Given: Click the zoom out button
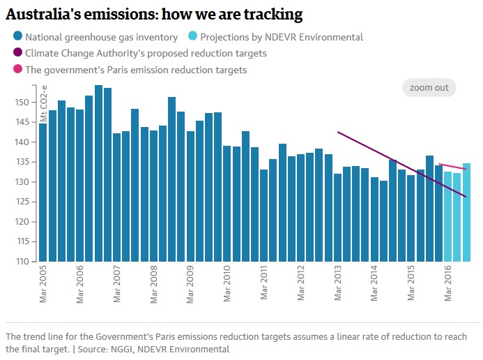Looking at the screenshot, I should click(x=429, y=88).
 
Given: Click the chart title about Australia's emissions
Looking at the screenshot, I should click(x=154, y=14).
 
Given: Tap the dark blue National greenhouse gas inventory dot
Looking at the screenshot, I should click(x=17, y=37).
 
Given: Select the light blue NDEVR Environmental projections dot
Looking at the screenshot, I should click(x=193, y=37).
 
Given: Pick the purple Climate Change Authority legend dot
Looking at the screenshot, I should click(x=17, y=53).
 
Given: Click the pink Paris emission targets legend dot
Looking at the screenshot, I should click(x=17, y=70).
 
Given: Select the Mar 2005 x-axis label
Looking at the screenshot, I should click(x=43, y=283).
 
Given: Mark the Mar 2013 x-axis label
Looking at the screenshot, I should click(x=338, y=283).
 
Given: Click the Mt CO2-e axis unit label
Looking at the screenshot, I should click(x=44, y=105).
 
